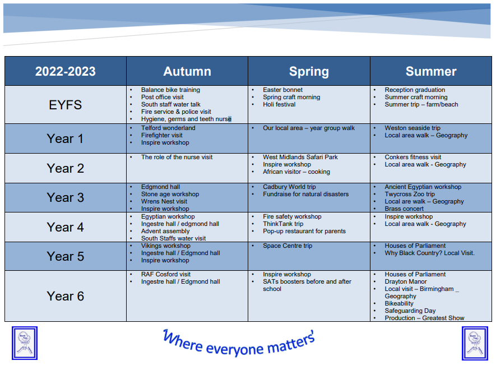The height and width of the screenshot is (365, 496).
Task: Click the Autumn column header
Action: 187,71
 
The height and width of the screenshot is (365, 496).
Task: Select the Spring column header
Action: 309,72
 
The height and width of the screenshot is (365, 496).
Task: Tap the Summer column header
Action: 431,71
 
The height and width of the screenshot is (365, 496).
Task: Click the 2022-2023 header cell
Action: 65,71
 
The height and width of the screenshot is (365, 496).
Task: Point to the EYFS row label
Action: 65,105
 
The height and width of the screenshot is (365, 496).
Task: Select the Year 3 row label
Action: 65,197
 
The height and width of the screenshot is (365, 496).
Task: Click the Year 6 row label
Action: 65,296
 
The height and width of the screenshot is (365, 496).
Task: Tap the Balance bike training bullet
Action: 170,90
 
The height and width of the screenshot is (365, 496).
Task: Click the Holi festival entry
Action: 279,104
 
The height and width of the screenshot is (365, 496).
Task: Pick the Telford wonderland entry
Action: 168,128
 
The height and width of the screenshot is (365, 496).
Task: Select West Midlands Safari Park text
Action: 300,157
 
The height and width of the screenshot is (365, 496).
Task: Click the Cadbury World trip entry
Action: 289,187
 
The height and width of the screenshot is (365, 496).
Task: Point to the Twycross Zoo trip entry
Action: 410,194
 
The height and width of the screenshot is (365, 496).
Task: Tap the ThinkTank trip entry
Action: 283,224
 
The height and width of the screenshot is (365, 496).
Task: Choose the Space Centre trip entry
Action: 287,246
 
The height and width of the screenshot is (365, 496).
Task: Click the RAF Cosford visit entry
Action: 166,274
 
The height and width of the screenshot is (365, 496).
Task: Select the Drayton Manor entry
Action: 406,281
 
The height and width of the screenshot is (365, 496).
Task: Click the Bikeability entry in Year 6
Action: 399,303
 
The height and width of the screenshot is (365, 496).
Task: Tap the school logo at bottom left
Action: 25,343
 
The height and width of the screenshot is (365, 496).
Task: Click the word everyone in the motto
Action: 234,349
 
